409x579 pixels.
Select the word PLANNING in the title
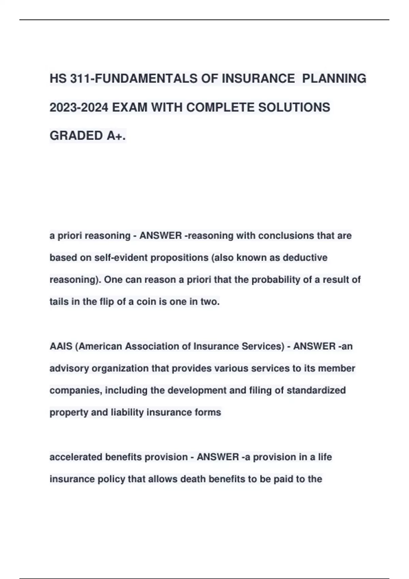point(334,79)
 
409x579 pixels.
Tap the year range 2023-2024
point(79,108)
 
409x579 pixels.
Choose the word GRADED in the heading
point(76,136)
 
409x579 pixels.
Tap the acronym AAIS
point(61,346)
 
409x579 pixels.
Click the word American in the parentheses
point(100,346)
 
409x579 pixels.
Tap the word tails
point(59,302)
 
